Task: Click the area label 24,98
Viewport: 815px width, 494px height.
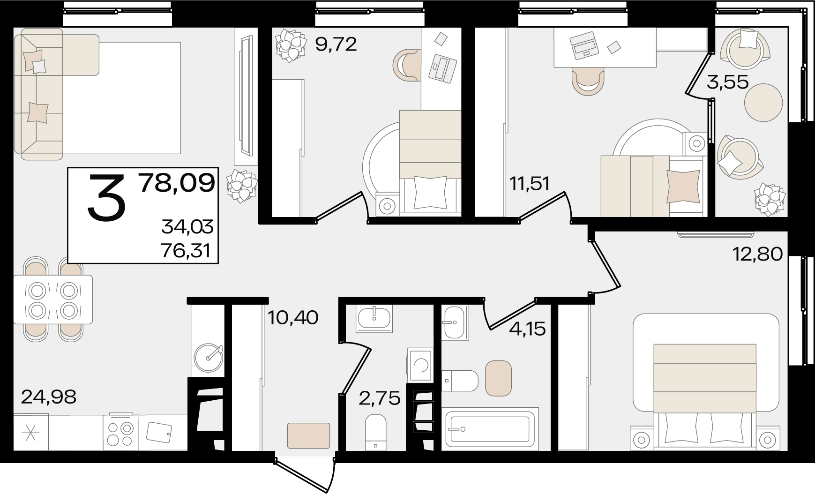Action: pyautogui.click(x=49, y=397)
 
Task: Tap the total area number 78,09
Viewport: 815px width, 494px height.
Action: pyautogui.click(x=177, y=183)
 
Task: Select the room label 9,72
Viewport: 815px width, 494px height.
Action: pyautogui.click(x=336, y=45)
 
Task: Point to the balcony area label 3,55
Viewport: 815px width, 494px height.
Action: pyautogui.click(x=728, y=82)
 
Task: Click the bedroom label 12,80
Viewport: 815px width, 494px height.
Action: pyautogui.click(x=758, y=254)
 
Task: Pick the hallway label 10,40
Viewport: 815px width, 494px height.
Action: pyautogui.click(x=293, y=318)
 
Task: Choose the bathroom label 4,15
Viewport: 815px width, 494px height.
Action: pyautogui.click(x=528, y=329)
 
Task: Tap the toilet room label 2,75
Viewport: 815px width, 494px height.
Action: pyautogui.click(x=380, y=398)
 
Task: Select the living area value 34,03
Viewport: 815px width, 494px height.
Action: pyautogui.click(x=187, y=227)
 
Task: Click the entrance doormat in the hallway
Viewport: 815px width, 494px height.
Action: pyautogui.click(x=308, y=435)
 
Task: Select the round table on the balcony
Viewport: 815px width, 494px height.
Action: pyautogui.click(x=763, y=103)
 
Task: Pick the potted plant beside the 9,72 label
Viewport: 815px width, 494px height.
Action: pyautogui.click(x=289, y=45)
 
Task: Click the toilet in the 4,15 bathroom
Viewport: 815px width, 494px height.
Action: pyautogui.click(x=460, y=380)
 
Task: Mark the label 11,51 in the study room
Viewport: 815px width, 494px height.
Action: pyautogui.click(x=530, y=183)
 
